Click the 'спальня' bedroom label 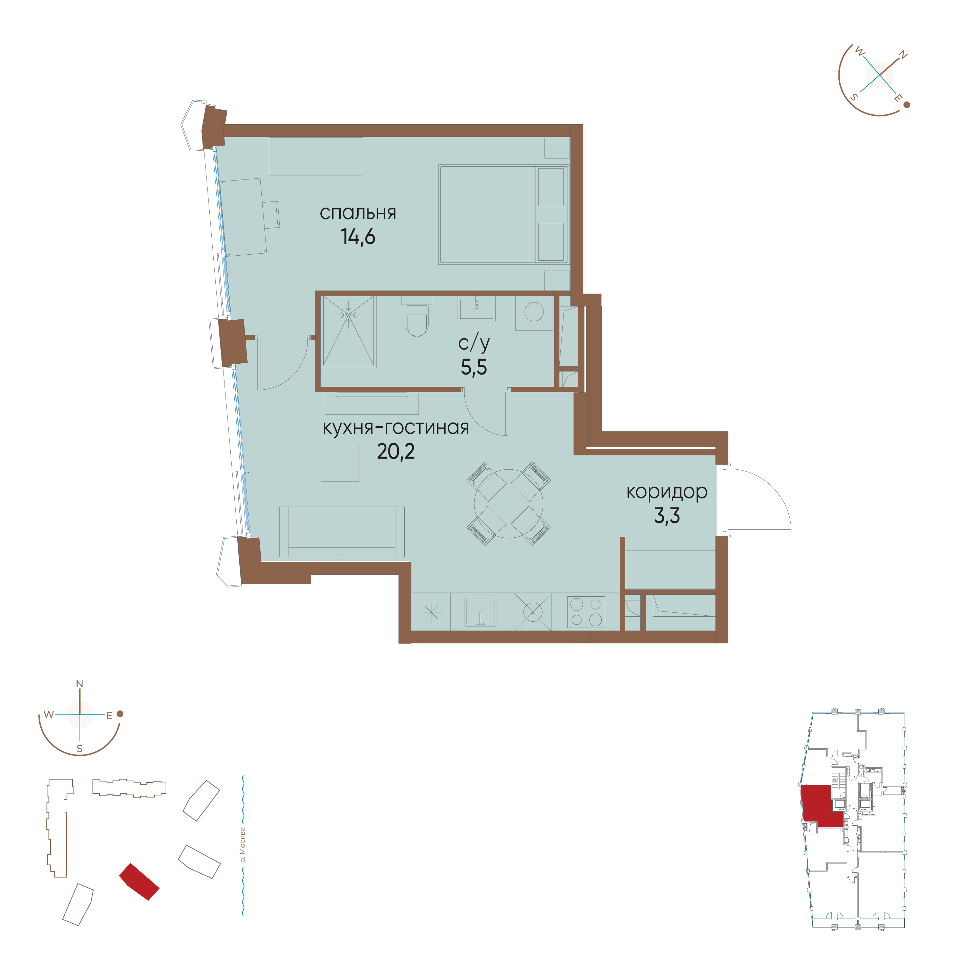coord(358,213)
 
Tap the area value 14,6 coord(358,237)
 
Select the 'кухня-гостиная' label coord(396,427)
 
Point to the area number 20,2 coord(396,451)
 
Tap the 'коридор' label coord(666,492)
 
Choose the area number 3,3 coord(666,516)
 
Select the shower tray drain coord(348,315)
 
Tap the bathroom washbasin coord(476,308)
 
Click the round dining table coord(508,503)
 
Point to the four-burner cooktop coord(586,612)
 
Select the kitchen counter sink coord(480,612)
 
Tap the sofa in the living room coord(342,532)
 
